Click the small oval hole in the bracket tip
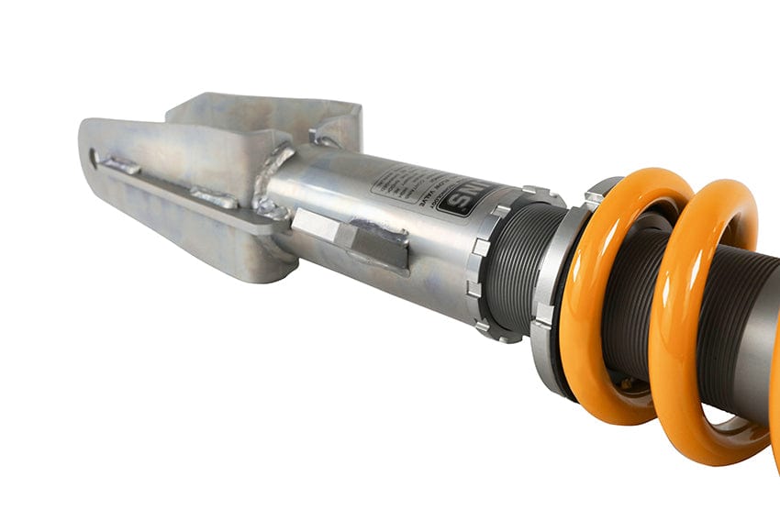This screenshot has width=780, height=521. (95, 157)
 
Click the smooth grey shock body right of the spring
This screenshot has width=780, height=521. (757, 367)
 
